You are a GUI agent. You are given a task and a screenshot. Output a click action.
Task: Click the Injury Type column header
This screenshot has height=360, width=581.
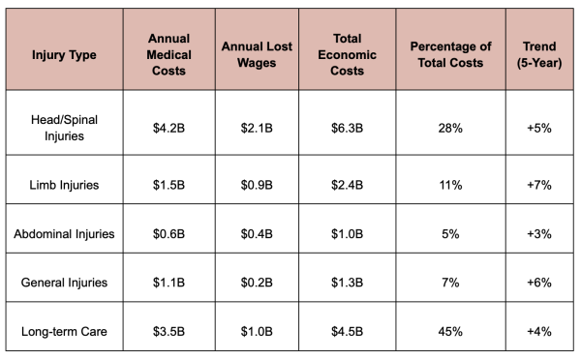(64, 55)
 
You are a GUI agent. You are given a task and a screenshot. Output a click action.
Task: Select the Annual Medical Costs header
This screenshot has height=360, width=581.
(168, 54)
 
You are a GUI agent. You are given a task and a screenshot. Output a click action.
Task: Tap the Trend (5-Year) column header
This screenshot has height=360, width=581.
(539, 54)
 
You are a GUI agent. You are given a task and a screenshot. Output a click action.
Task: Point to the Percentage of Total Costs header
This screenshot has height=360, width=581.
(450, 54)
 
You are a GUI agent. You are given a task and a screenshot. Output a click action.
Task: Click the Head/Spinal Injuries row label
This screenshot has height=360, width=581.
(64, 128)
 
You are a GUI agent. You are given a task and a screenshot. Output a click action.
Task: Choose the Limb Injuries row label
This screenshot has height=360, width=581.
(64, 185)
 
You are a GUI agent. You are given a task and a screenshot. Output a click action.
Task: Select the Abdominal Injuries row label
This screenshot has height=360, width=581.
(64, 233)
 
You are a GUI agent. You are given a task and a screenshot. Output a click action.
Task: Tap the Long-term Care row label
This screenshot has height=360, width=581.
(64, 331)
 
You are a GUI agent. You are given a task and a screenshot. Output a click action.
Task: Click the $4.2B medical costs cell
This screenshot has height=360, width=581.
(168, 128)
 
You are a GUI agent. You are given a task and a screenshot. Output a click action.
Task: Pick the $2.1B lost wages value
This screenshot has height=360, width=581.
(257, 128)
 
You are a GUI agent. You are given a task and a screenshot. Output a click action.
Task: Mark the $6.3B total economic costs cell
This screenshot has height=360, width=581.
(348, 128)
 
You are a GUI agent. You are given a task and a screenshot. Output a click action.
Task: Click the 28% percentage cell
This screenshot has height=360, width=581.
(450, 128)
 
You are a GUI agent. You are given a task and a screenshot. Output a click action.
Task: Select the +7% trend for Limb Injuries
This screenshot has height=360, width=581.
(539, 185)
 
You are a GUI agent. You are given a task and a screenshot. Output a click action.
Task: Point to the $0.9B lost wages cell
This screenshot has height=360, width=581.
(257, 185)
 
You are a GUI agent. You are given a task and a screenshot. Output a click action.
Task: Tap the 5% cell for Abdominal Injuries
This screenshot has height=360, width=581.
(450, 234)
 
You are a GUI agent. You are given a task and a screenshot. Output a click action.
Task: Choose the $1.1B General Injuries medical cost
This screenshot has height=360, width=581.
(168, 283)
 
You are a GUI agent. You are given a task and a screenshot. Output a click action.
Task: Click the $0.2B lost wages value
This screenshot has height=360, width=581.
(257, 283)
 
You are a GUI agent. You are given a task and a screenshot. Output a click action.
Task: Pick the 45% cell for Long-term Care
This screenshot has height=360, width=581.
(450, 332)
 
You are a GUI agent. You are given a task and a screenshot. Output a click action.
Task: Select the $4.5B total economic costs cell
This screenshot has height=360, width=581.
(348, 332)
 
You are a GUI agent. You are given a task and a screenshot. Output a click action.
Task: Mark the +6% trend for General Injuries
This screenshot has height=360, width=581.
(539, 283)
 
